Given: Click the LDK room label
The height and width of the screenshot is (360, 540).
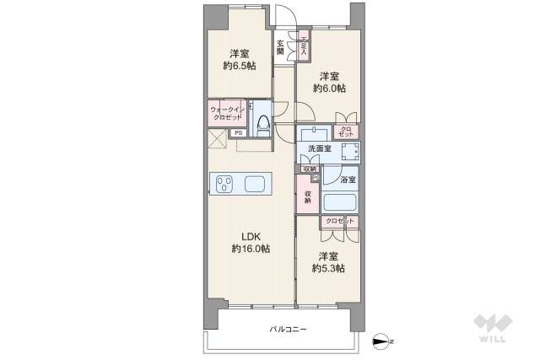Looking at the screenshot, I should pos(251,236).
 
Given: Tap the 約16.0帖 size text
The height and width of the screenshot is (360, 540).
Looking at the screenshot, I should pos(251,249).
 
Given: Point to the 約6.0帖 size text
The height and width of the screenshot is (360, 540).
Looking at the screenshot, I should pos(328,87).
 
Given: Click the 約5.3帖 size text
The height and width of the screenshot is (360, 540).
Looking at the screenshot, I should pos(328,269).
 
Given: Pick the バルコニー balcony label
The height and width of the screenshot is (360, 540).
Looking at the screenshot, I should pos(289,329).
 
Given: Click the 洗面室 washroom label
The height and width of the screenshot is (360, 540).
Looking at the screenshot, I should pos(319,149).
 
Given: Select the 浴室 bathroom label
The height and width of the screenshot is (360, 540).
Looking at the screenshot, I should pos(348,180).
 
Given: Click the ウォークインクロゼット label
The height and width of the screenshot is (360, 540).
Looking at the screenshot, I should pos(227,112).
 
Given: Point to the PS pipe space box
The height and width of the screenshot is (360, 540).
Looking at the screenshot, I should pos(239,133).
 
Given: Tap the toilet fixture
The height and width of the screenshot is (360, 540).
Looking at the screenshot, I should pos(262,124).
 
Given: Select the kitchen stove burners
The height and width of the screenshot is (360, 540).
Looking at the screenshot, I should pos(226,183).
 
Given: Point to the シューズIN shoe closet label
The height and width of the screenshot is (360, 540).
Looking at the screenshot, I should pos(304,44).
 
